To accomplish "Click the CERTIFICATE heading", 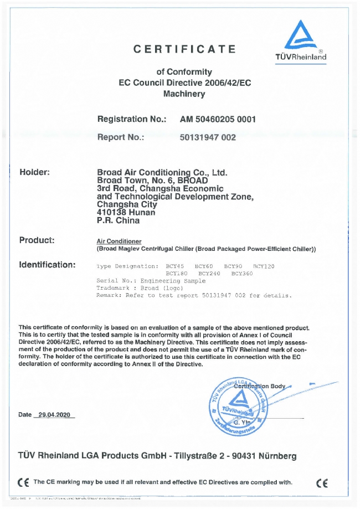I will click(184, 49).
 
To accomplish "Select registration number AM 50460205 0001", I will click(218, 119).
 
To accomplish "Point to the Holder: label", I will click(35, 172).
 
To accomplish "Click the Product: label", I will click(37, 240).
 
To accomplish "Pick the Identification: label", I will click(47, 265).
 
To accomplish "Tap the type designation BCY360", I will click(242, 274).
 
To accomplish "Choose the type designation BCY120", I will click(264, 266).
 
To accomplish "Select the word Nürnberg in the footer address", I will click(272, 456).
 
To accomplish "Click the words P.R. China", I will click(118, 220).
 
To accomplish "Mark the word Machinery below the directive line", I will click(184, 94).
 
